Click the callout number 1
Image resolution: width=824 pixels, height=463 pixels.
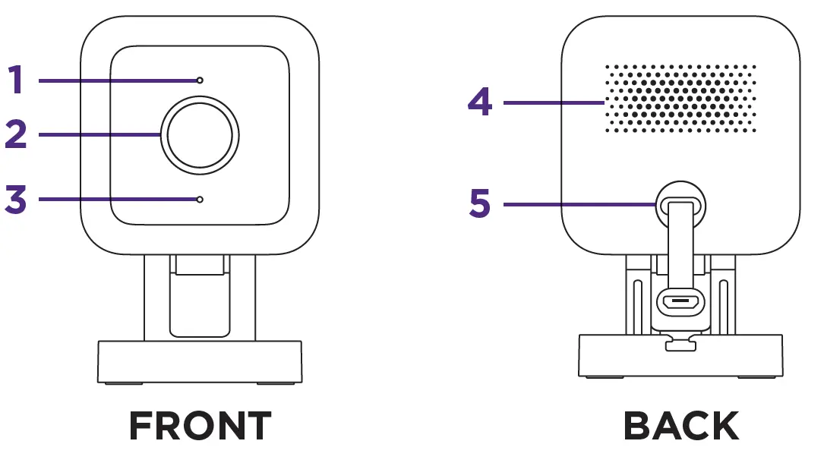pos(16,80)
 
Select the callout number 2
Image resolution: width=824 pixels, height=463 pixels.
pos(16,135)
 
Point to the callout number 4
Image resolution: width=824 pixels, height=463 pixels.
pos(480,102)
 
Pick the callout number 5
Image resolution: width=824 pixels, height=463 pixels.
pos(480,204)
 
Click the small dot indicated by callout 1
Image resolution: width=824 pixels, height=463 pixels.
pos(199,80)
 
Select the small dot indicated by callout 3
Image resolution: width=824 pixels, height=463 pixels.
pos(199,199)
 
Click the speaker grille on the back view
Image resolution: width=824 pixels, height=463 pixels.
pos(680,99)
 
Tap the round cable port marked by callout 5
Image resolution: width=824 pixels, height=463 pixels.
pos(680,204)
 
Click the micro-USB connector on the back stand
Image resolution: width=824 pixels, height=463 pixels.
pos(680,302)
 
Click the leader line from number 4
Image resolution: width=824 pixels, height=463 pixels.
pos(554,102)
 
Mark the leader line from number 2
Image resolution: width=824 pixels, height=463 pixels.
pos(99,135)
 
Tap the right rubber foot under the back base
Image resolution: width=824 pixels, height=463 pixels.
pos(756,377)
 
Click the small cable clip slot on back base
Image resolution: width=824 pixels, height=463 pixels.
pos(680,345)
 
